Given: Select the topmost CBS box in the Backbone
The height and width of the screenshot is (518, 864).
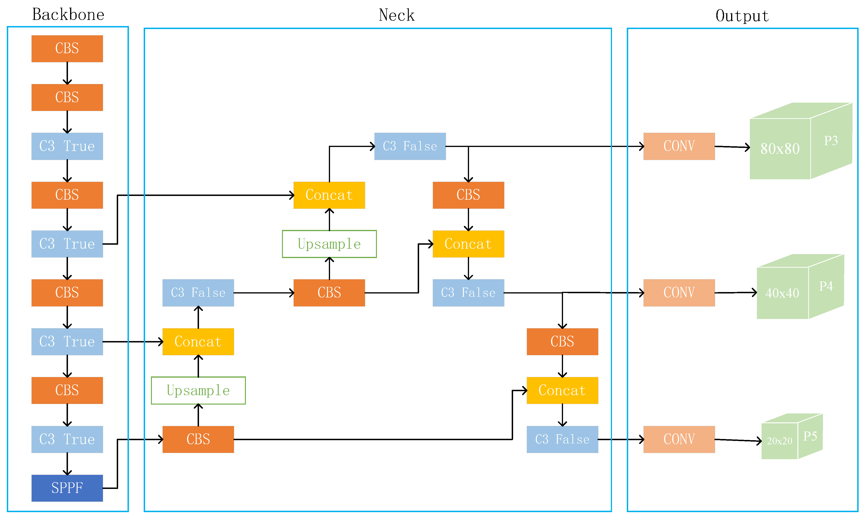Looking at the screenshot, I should pos(67,49).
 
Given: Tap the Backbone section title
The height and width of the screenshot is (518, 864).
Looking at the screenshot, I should pos(68,15).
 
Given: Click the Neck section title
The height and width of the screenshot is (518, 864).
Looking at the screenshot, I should pos(397,15).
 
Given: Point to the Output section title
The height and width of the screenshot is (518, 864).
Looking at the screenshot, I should pos(742,16).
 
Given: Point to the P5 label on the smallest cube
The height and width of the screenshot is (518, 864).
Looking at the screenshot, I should pos(810,436).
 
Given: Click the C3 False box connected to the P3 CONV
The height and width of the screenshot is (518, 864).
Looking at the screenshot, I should pos(410,146).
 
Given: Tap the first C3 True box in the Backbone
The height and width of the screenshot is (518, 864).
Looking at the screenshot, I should pos(67,146).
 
